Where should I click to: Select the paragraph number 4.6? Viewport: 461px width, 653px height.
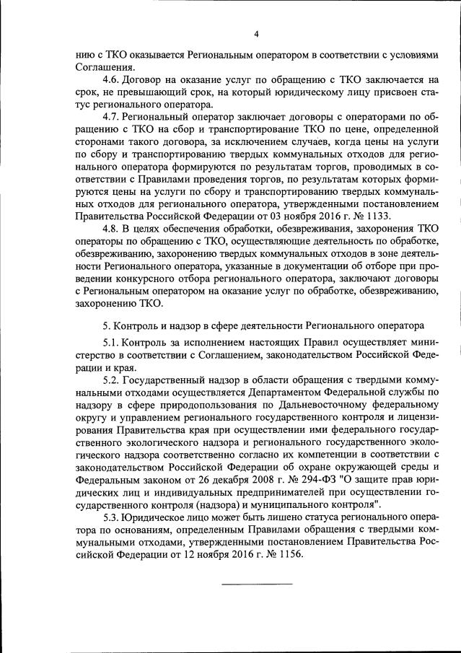113,79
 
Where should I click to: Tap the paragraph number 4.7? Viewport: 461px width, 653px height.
113,117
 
